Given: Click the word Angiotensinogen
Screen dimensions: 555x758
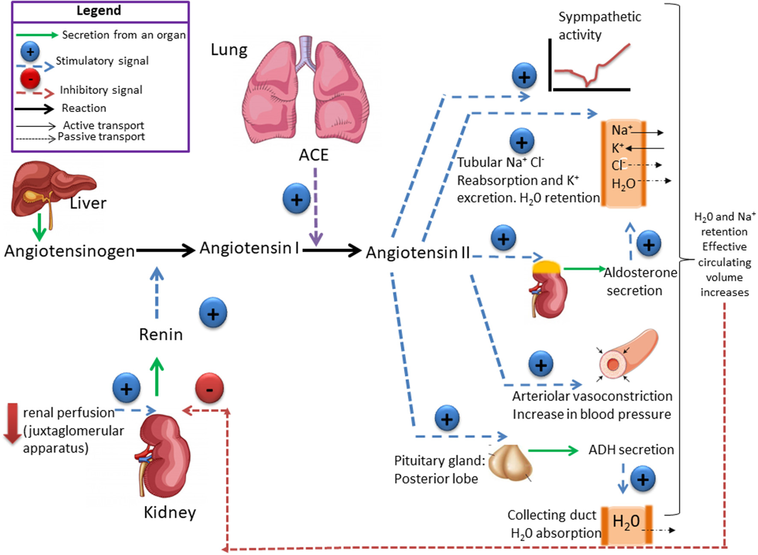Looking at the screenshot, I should pyautogui.click(x=69, y=251).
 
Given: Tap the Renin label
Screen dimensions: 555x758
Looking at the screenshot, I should pyautogui.click(x=161, y=334).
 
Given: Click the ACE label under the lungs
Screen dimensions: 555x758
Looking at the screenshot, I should pyautogui.click(x=314, y=155).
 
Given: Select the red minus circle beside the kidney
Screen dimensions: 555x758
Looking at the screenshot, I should pyautogui.click(x=209, y=388).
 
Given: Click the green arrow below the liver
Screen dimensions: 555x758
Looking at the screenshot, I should pyautogui.click(x=39, y=227).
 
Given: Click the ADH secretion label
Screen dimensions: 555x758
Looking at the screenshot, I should pyautogui.click(x=631, y=450).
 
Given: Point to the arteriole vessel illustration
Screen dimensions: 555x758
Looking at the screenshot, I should pyautogui.click(x=628, y=355).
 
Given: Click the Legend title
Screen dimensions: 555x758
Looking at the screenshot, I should pyautogui.click(x=99, y=10).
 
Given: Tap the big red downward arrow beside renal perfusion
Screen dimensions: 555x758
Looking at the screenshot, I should pyautogui.click(x=12, y=423).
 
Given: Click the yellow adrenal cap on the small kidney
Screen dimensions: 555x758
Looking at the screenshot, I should pyautogui.click(x=546, y=267).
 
